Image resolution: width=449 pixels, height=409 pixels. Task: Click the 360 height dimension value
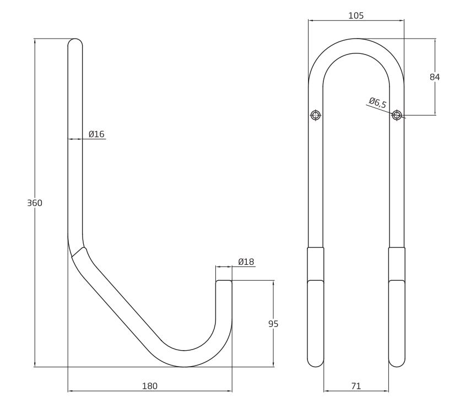(x=35, y=203)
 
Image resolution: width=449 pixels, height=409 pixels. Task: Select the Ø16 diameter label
(x=96, y=134)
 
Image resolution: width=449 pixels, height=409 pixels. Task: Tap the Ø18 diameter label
(x=246, y=261)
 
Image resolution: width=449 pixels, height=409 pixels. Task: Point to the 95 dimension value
(x=273, y=324)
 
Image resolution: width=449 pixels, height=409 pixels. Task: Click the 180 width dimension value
(x=149, y=386)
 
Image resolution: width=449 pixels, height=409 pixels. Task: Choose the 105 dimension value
(x=356, y=15)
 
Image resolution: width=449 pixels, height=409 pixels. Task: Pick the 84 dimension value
(x=435, y=78)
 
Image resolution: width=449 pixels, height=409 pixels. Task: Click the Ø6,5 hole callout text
(x=377, y=102)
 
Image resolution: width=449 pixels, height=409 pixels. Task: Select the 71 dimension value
(x=356, y=386)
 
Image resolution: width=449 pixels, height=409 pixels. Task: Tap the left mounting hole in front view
(x=316, y=115)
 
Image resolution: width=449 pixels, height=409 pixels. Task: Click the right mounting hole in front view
(x=397, y=115)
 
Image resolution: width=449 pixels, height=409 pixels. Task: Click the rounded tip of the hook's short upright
(x=224, y=283)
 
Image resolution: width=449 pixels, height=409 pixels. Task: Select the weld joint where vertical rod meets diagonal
(x=79, y=252)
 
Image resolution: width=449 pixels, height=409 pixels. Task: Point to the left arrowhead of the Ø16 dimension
(x=70, y=139)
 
